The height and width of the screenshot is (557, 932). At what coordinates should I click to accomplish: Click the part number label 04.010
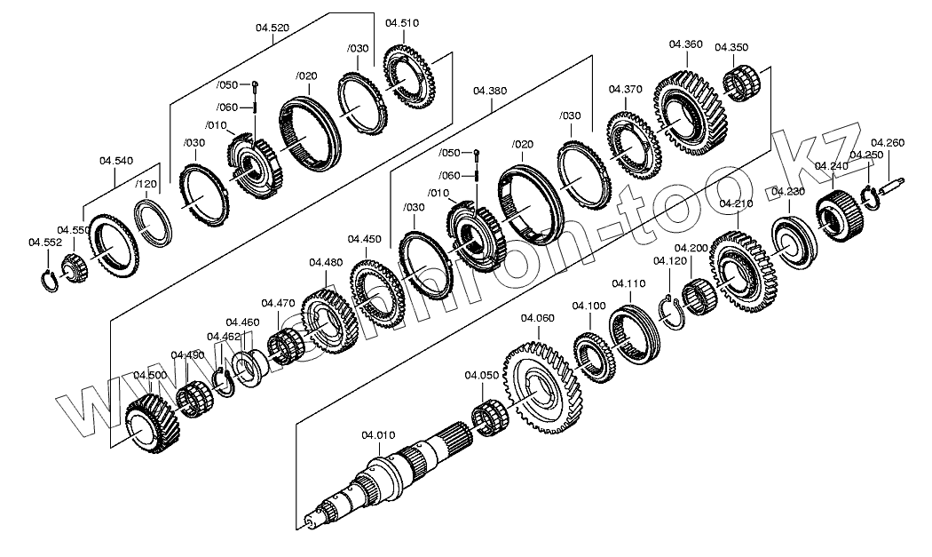click(x=377, y=434)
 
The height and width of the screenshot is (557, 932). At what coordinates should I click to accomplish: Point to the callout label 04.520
click(x=272, y=28)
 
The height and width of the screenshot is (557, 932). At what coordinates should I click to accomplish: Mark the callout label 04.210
click(x=736, y=203)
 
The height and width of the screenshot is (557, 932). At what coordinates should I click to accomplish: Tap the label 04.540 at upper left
click(x=116, y=160)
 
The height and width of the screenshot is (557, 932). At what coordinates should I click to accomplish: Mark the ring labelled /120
click(x=154, y=222)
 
